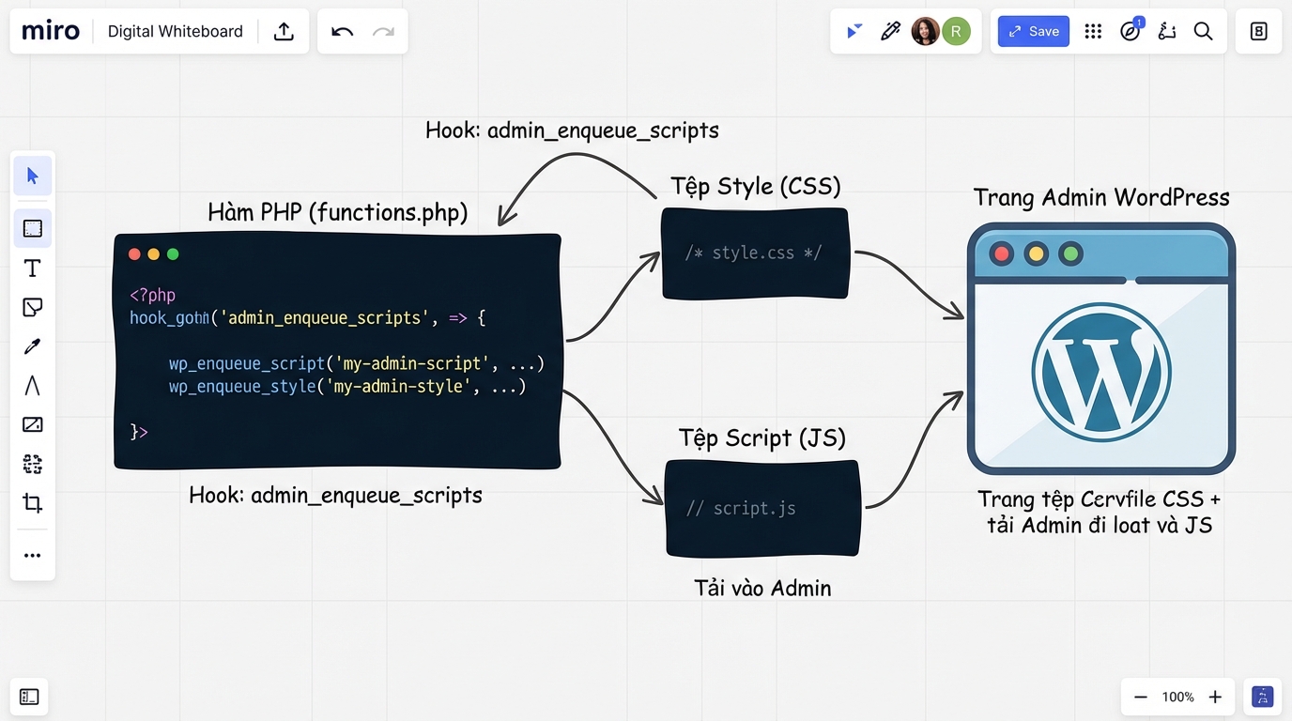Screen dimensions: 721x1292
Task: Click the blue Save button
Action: [x=1033, y=31]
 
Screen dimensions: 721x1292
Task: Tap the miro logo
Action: [x=51, y=31]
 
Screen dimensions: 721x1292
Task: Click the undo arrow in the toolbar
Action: [x=343, y=31]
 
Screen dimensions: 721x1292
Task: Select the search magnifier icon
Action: [x=1203, y=31]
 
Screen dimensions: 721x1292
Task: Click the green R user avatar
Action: [x=956, y=31]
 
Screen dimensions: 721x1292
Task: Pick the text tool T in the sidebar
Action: [x=32, y=268]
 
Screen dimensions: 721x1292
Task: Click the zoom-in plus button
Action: [x=1215, y=697]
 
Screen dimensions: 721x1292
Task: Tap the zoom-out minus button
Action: [x=1141, y=697]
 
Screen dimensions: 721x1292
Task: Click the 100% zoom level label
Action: [x=1177, y=697]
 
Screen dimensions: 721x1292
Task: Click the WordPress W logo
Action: [x=1100, y=372]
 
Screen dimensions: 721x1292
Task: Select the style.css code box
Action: [x=755, y=253]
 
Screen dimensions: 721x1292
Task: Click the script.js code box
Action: [x=762, y=509]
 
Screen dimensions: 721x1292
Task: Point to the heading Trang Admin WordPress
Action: [x=1100, y=197]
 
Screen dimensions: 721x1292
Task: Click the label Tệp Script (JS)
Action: [x=761, y=437]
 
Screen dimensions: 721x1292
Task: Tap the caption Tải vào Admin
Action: [x=762, y=589]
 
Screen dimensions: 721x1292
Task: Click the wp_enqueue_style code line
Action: [x=347, y=387]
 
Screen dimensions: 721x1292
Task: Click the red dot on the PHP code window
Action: [x=134, y=254]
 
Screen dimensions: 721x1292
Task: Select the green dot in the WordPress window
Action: [x=1069, y=253]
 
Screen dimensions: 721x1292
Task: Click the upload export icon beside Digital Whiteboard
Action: [x=284, y=31]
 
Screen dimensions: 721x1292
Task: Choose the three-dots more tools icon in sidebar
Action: [x=32, y=556]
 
